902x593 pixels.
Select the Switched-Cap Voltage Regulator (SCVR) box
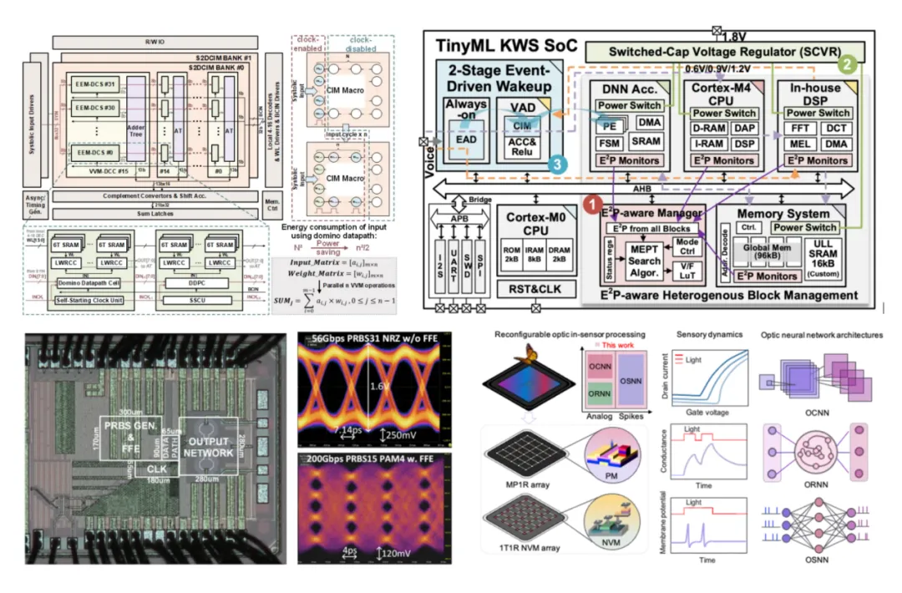[x=725, y=52]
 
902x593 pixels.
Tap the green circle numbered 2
[x=849, y=63]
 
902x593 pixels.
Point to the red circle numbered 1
[x=591, y=203]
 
